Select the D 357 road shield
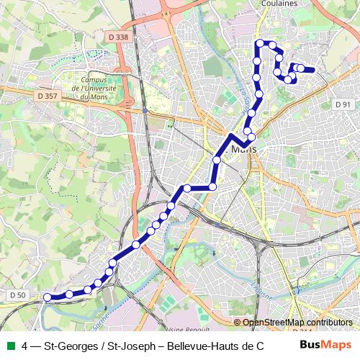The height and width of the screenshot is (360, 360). pos(46,95)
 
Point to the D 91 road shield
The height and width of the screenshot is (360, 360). pos(343,104)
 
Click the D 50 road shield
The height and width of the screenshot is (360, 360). pos(18,294)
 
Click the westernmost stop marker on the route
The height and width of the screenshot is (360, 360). pos(48,297)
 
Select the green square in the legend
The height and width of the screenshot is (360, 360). pos(10,345)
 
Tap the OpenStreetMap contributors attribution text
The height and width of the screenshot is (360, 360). pos(297,322)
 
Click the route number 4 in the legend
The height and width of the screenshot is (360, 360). pos(25,345)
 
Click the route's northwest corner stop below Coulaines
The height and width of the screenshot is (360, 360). pos(260,44)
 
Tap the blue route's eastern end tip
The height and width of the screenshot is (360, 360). pos(314,70)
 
